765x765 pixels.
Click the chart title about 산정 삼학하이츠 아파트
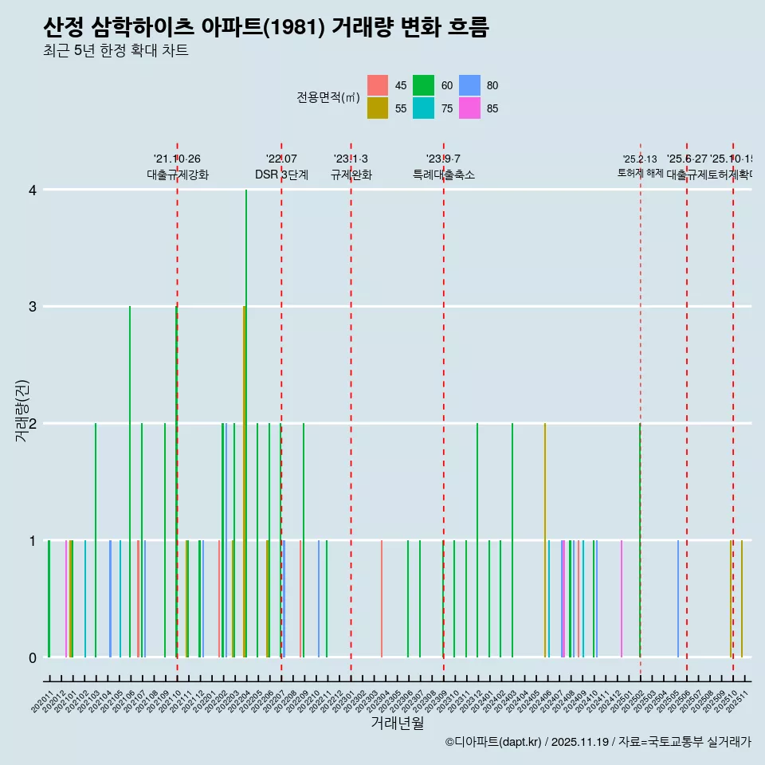point(265,27)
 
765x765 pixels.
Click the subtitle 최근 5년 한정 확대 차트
point(116,51)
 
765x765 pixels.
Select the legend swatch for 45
point(378,85)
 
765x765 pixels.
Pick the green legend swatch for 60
point(423,85)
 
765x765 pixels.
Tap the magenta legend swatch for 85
point(469,108)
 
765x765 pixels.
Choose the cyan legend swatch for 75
point(423,108)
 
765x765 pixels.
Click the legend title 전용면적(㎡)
point(328,97)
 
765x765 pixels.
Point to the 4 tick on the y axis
point(33,190)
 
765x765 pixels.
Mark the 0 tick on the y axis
point(33,657)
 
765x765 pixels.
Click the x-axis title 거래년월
point(397,723)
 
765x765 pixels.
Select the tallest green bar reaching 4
point(246,422)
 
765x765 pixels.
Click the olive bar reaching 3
point(244,478)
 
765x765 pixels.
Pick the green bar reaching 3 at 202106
point(130,478)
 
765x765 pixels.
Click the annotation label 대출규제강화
point(177,175)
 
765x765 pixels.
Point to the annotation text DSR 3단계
point(281,175)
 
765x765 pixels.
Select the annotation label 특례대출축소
point(443,175)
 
